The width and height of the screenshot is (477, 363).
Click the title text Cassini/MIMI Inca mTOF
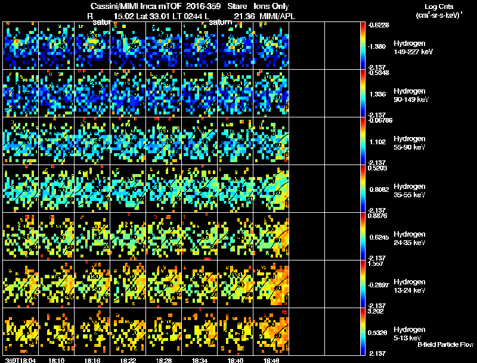click(x=137, y=6)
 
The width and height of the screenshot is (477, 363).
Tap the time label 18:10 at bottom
click(x=57, y=359)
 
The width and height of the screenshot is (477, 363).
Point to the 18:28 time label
click(x=164, y=359)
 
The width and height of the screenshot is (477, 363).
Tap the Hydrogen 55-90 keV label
click(x=410, y=143)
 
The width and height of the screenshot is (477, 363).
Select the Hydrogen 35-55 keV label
click(x=410, y=191)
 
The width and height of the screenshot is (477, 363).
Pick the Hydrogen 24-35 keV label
click(x=410, y=238)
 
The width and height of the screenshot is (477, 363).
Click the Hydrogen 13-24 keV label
click(x=410, y=286)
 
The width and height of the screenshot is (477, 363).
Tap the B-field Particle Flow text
click(x=445, y=344)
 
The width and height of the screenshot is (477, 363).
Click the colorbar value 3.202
click(x=379, y=311)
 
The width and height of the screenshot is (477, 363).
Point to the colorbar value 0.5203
click(x=379, y=168)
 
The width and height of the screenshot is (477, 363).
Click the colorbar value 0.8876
click(x=379, y=216)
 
